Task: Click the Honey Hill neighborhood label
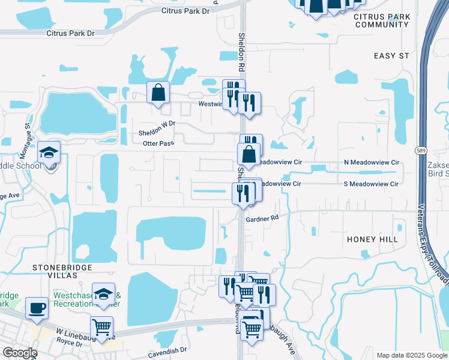tap(372, 239)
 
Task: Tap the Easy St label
tap(391, 56)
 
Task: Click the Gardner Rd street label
tap(262, 219)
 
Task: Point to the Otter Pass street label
tap(158, 143)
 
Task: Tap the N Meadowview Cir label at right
tap(371, 163)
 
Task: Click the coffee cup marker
tap(37, 308)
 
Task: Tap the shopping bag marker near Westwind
tap(158, 92)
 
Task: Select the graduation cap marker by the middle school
tap(49, 152)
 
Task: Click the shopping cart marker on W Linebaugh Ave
tap(102, 328)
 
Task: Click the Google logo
tap(19, 353)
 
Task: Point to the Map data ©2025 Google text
tap(411, 355)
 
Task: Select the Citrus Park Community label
tap(381, 20)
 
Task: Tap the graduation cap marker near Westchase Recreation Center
tap(103, 294)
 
